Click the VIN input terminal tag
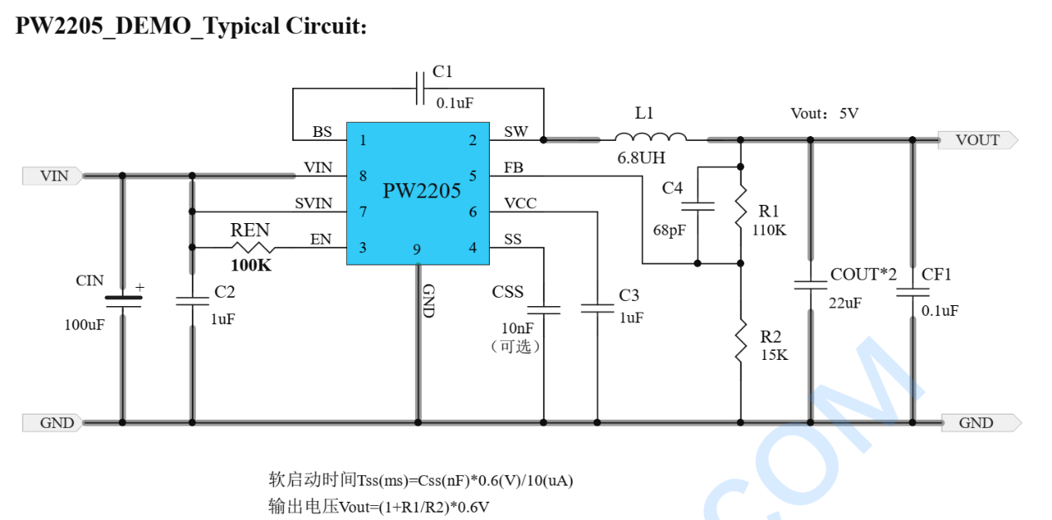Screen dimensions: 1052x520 click(52, 176)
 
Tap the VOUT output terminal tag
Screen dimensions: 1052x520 click(978, 140)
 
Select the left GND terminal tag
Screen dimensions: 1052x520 click(52, 423)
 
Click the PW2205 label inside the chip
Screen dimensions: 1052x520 click(421, 191)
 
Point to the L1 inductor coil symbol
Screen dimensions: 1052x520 click(650, 137)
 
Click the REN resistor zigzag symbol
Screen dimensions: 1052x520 click(252, 247)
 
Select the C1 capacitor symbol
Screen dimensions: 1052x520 click(420, 88)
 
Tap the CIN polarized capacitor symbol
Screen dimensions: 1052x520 click(123, 302)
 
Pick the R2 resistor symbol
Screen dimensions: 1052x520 click(741, 341)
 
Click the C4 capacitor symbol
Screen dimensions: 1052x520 click(698, 207)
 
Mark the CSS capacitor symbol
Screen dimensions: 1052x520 click(544, 310)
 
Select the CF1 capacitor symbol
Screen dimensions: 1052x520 click(913, 292)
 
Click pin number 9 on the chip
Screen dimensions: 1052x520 click(417, 250)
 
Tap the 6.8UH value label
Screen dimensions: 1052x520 click(641, 158)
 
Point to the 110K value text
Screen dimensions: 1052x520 click(769, 231)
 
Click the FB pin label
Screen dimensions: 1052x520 click(513, 168)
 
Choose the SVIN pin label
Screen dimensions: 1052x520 click(313, 203)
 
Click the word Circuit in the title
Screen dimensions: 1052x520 click(326, 27)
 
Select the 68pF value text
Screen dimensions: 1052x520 click(669, 231)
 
